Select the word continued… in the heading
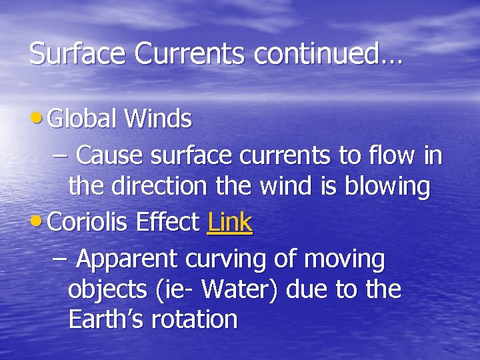point(327,54)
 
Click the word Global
point(83,119)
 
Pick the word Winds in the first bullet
point(158,119)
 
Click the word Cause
point(110,155)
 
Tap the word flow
point(391,155)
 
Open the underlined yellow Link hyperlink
point(229,222)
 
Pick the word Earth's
point(106,319)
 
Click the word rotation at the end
point(195,320)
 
